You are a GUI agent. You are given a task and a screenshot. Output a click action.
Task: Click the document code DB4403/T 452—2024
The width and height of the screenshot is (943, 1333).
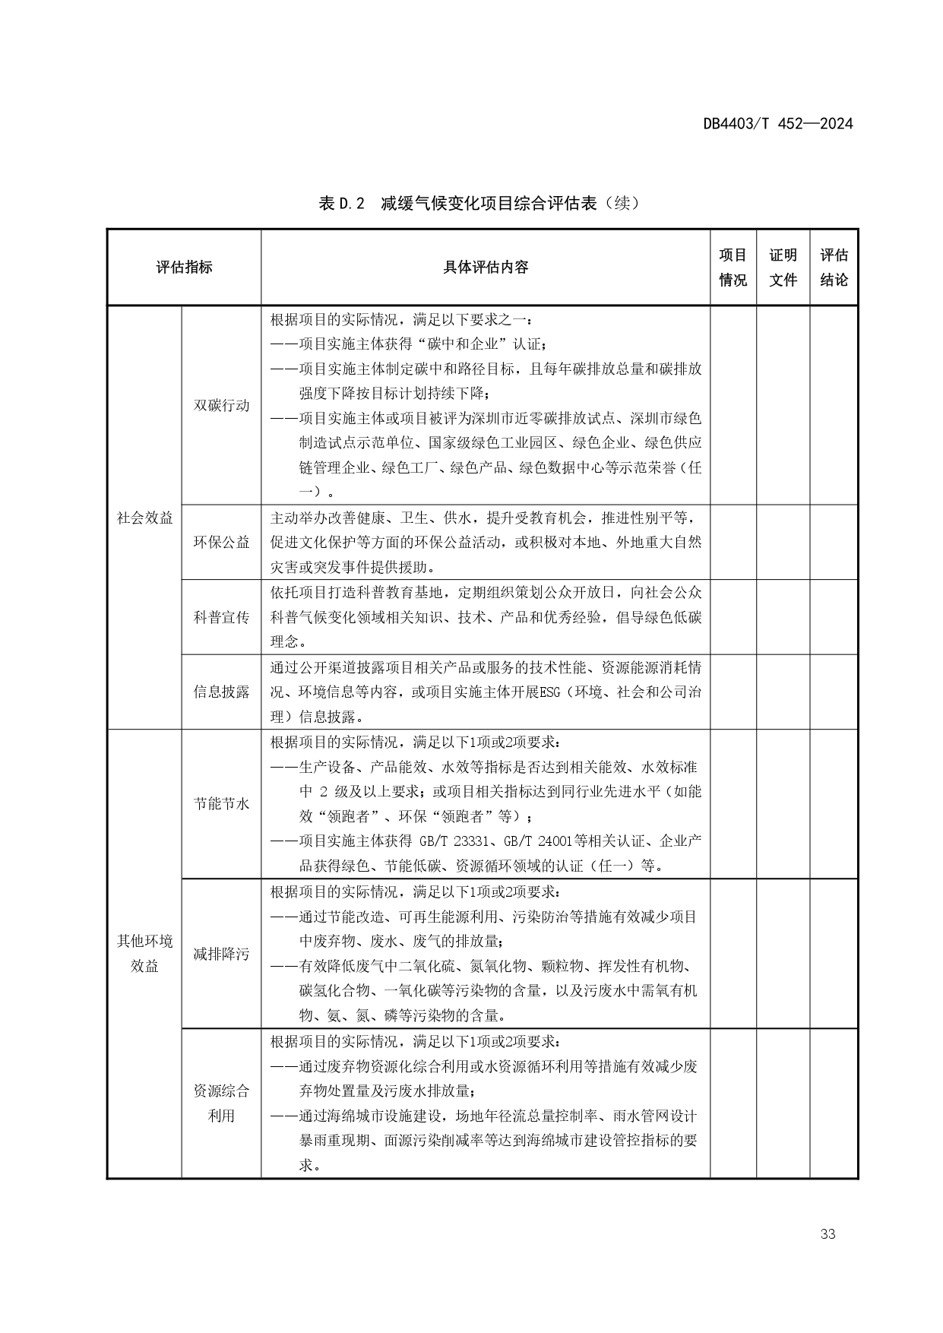tap(777, 124)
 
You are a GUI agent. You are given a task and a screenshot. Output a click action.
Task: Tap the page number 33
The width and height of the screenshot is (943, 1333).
tap(827, 1233)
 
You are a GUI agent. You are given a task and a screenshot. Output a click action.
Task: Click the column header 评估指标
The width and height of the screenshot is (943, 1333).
tap(184, 268)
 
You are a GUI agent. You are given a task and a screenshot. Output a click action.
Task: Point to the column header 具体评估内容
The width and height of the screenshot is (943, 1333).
tap(486, 268)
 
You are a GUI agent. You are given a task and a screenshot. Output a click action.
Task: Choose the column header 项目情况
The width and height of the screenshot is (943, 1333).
tap(733, 268)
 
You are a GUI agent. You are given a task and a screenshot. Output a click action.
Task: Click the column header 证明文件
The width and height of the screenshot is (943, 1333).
tap(783, 268)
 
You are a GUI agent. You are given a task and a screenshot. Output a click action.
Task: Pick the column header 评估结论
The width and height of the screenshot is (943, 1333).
tap(834, 268)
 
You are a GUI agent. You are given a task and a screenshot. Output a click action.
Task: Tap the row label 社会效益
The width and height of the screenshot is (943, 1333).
tap(144, 518)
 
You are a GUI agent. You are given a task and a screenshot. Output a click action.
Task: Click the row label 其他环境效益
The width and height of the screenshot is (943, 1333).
tap(144, 954)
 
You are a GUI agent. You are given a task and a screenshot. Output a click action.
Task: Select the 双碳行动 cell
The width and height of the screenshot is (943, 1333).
tap(221, 405)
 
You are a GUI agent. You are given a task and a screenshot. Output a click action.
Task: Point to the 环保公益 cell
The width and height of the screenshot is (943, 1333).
tap(221, 542)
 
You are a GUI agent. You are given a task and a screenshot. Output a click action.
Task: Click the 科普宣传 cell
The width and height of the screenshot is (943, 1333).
tap(221, 617)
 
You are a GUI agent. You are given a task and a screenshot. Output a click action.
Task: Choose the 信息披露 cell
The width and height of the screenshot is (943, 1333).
tap(221, 692)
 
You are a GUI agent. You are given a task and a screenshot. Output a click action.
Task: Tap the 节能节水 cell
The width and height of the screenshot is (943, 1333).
tap(221, 803)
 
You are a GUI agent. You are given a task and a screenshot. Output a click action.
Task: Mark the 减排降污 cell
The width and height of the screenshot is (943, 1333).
tap(221, 954)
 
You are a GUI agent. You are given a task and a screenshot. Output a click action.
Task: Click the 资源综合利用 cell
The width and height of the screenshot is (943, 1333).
tap(221, 1103)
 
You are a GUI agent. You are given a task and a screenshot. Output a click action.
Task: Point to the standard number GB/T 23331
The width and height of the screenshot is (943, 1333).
tap(458, 841)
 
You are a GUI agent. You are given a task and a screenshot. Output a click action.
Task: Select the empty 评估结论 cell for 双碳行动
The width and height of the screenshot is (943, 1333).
tap(834, 405)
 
